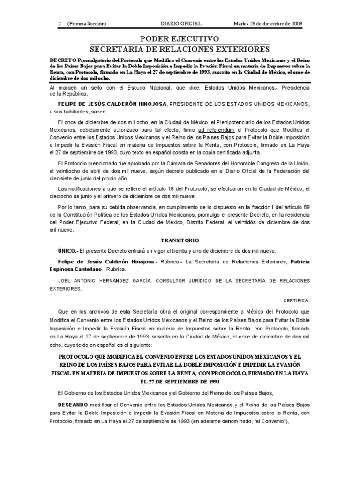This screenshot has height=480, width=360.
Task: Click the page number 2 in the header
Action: click(60, 23)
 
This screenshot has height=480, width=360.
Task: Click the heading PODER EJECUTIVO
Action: click(180, 38)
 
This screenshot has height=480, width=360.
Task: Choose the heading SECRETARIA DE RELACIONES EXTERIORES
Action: click(180, 49)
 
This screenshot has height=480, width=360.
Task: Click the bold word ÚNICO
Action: click(67, 250)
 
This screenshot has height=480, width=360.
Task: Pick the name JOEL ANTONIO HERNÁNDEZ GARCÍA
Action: click(105, 280)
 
